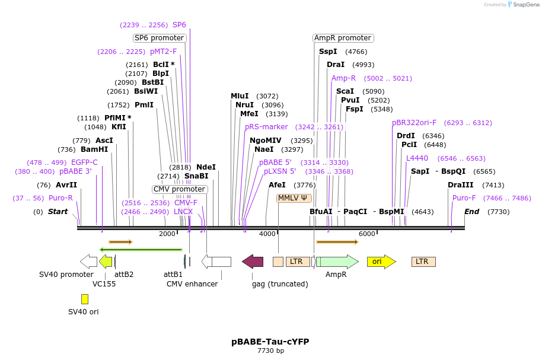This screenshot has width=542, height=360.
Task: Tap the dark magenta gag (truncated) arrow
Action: (x=253, y=262)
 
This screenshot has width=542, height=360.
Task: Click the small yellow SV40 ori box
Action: (x=85, y=299)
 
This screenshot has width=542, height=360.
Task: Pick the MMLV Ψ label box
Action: (x=294, y=198)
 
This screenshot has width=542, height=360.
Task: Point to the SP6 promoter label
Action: (x=159, y=38)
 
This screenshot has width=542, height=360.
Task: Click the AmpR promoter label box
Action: (x=343, y=38)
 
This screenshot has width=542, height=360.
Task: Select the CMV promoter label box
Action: (x=180, y=189)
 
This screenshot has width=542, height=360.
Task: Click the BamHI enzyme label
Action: (x=94, y=149)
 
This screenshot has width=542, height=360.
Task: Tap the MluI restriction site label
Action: (x=240, y=96)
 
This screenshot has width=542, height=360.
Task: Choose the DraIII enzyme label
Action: (x=460, y=185)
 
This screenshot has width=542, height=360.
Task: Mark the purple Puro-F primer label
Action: (x=464, y=198)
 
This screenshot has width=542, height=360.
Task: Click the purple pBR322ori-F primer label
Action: (x=414, y=123)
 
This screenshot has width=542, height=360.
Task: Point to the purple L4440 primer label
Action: (x=417, y=158)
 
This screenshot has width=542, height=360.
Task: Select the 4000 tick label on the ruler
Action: (x=267, y=234)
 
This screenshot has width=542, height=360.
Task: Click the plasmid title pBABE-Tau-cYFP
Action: (x=270, y=342)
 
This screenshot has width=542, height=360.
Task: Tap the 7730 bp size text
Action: (x=270, y=351)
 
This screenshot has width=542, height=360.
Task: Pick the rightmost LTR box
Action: (x=423, y=262)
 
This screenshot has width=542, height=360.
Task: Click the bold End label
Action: (x=471, y=212)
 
